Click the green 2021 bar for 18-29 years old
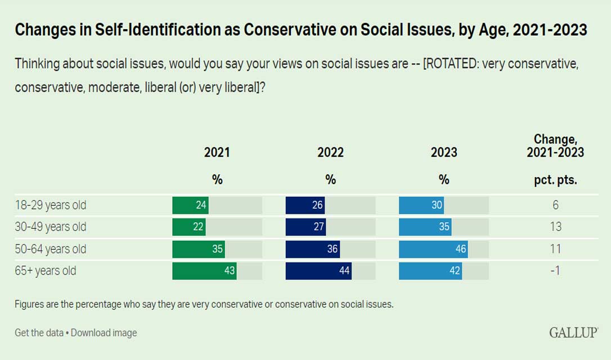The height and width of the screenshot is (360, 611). pos(190,205)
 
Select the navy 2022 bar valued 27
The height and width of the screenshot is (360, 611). pos(305,227)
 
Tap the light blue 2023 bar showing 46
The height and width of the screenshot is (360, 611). pos(433,249)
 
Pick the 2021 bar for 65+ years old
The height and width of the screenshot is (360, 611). pos(204,271)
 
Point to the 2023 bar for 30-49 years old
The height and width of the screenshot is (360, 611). pos(425,227)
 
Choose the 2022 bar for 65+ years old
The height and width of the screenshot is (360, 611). pos(318,271)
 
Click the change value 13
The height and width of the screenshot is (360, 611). pos(555,227)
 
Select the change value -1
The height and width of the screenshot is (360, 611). pos(555,271)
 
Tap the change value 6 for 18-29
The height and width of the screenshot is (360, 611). pos(555,205)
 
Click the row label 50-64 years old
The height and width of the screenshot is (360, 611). pos(51,249)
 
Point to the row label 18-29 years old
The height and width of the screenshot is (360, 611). pos(51,205)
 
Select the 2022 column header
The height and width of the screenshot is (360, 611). pos(330,152)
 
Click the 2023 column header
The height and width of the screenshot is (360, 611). pos(444,152)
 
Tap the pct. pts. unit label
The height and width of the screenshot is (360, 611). pos(555,181)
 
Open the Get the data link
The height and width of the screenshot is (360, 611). pos(39,332)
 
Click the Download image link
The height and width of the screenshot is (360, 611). pos(104,332)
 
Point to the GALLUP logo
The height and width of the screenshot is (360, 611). pos(573,332)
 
